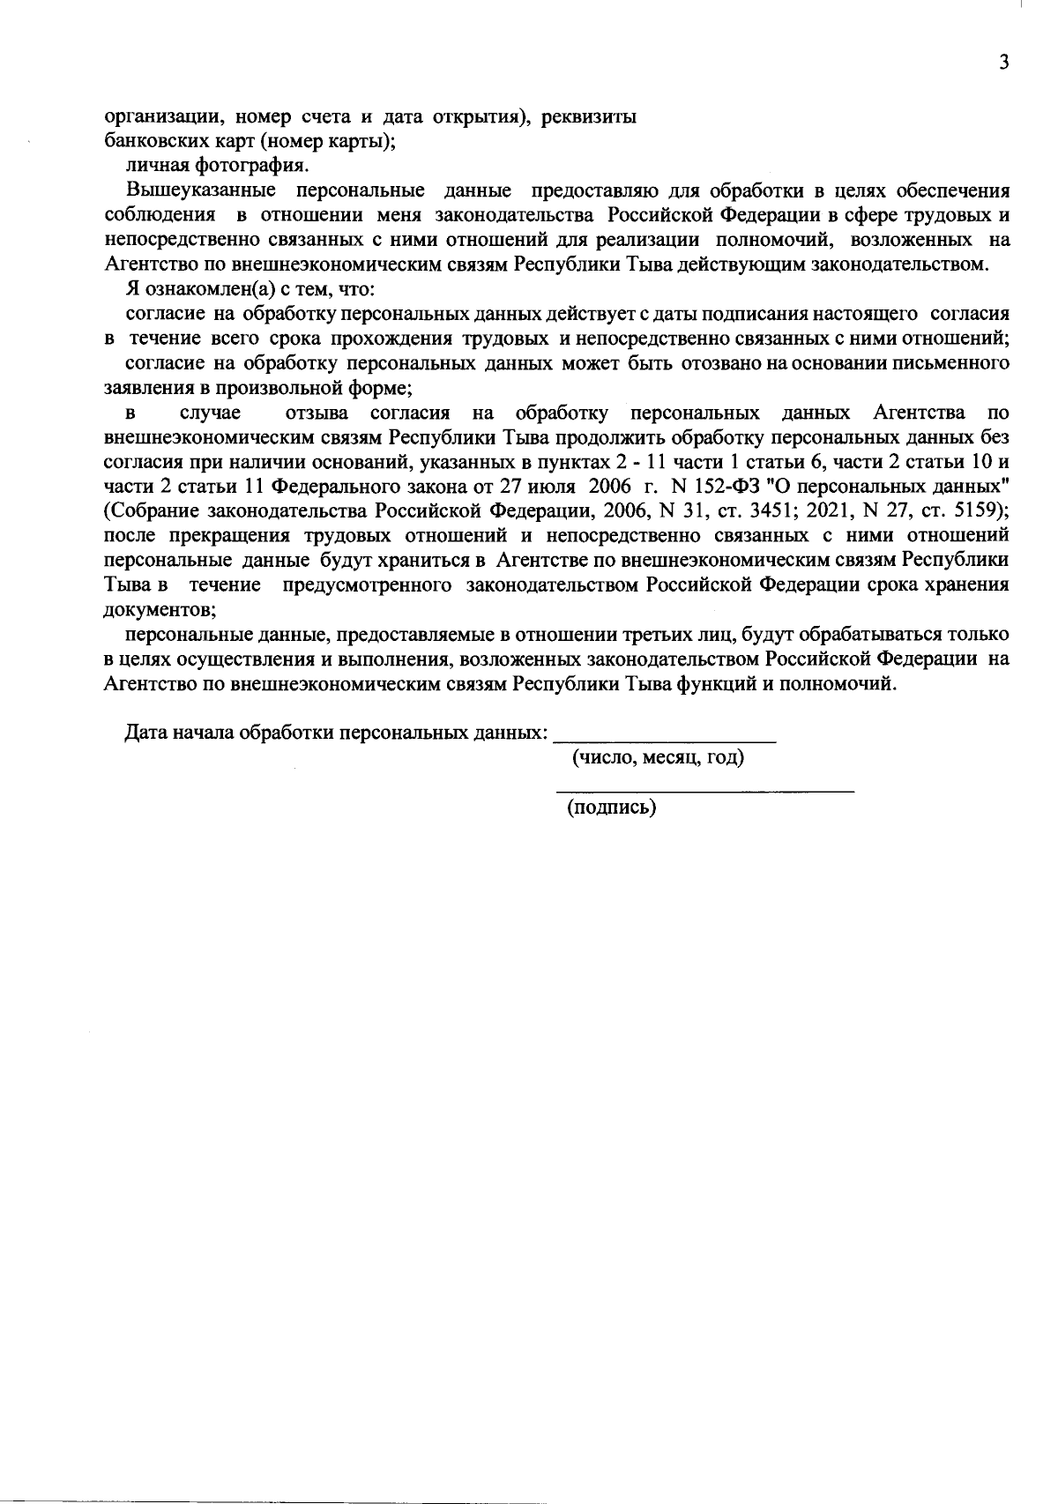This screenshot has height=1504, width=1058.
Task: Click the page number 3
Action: tap(1002, 62)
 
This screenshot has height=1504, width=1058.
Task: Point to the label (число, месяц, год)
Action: tap(658, 757)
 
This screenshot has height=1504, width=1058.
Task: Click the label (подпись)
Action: tap(611, 807)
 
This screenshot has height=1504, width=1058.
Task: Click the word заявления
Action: tap(144, 387)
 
